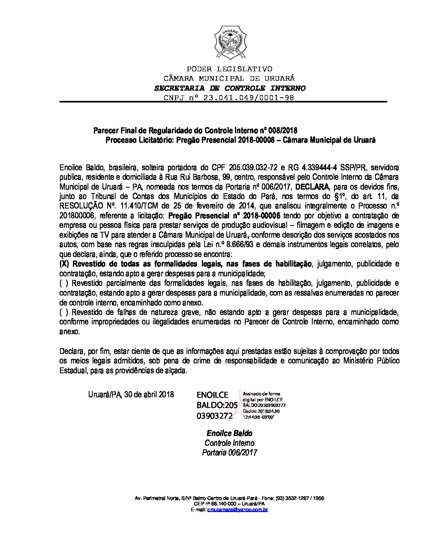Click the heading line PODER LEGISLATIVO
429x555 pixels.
[x=229, y=69]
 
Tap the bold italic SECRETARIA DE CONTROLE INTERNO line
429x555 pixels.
[x=229, y=88]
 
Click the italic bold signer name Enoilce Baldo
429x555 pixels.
[x=229, y=434]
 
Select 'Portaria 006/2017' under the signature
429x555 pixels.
[x=229, y=453]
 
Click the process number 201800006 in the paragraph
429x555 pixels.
[x=77, y=215]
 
